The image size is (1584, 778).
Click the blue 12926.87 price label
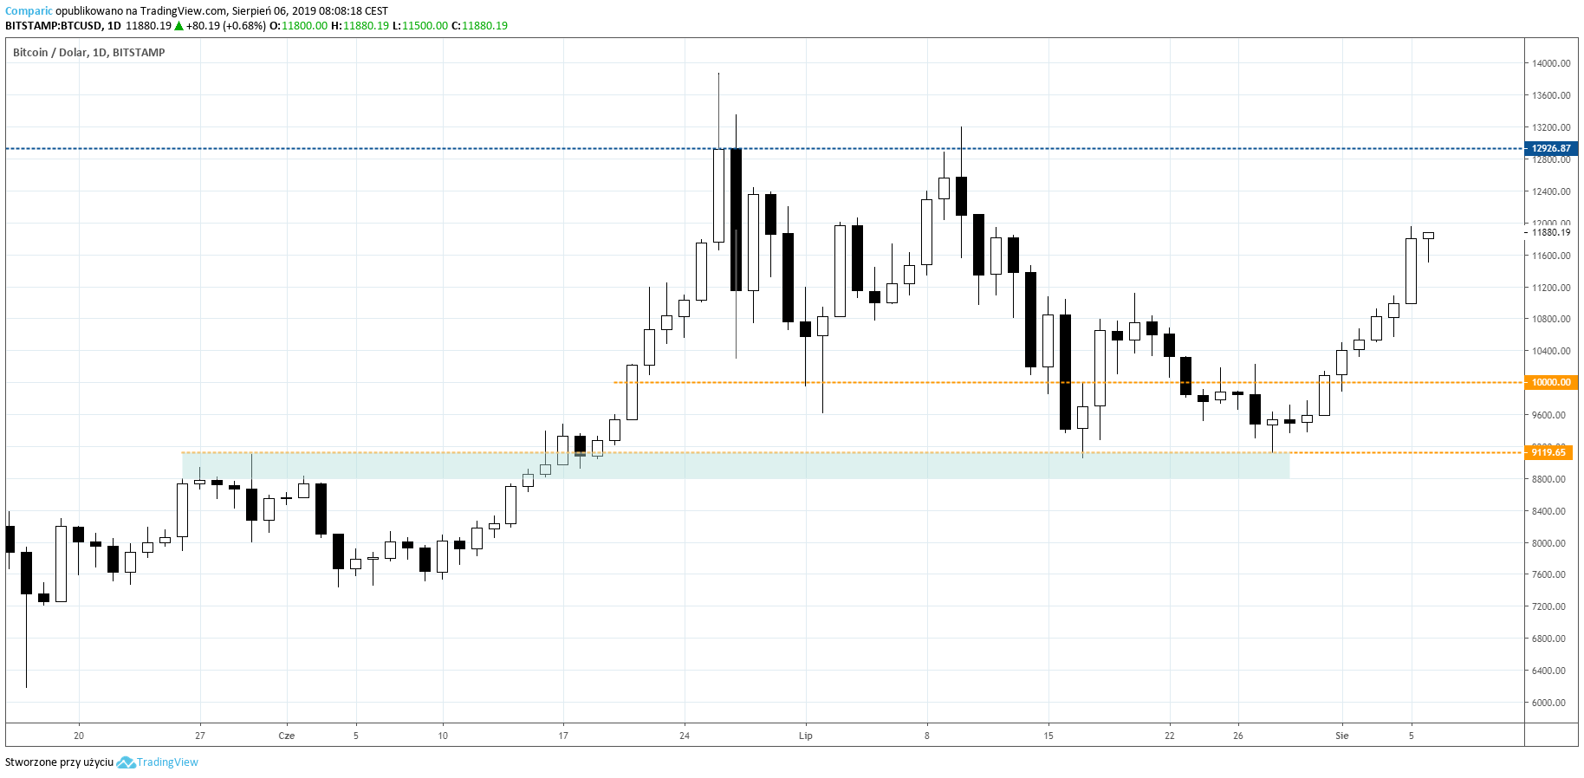[1550, 148]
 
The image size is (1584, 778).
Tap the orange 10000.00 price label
[1550, 382]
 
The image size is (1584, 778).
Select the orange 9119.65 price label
[1548, 452]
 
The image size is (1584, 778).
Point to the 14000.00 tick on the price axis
[1550, 63]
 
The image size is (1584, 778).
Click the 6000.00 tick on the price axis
[1548, 703]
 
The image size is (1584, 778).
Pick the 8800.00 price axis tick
[1548, 479]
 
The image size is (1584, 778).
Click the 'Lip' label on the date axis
[806, 736]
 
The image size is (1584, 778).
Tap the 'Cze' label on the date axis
[287, 736]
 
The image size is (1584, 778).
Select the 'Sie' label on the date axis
[1342, 736]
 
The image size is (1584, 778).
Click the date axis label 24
[685, 736]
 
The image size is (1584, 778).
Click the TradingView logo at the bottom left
[158, 762]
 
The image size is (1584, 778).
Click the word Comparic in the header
[29, 11]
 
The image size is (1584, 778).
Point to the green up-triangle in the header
[179, 26]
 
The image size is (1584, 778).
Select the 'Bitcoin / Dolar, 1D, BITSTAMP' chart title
[89, 53]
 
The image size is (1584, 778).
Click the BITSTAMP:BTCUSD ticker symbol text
[53, 26]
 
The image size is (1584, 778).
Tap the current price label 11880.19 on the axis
[1550, 232]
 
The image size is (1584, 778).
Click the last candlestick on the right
[1428, 236]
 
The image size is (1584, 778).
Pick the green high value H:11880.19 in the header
[360, 26]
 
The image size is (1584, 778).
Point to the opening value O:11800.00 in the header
[299, 26]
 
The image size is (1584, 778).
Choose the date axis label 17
[563, 736]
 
